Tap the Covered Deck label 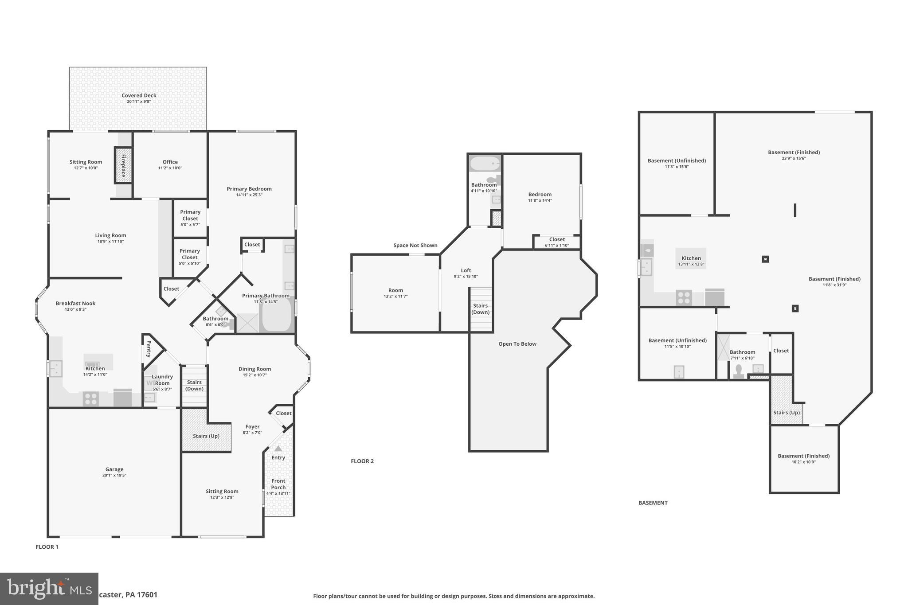pos(139,95)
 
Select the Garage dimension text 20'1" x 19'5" pos(114,476)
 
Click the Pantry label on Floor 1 pos(149,349)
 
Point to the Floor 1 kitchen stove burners pos(91,399)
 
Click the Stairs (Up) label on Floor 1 pos(206,436)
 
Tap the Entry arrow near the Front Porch pos(278,449)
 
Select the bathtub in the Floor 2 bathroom pos(485,164)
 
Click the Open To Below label pos(517,344)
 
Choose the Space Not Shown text pos(415,246)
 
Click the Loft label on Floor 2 pos(466,270)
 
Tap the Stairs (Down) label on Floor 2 pos(481,309)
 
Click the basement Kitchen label pos(691,258)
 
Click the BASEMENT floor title pos(653,503)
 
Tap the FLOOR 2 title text pos(362,461)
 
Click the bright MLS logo pos(49,589)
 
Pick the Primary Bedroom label pos(249,189)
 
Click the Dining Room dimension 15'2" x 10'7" pos(254,375)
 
